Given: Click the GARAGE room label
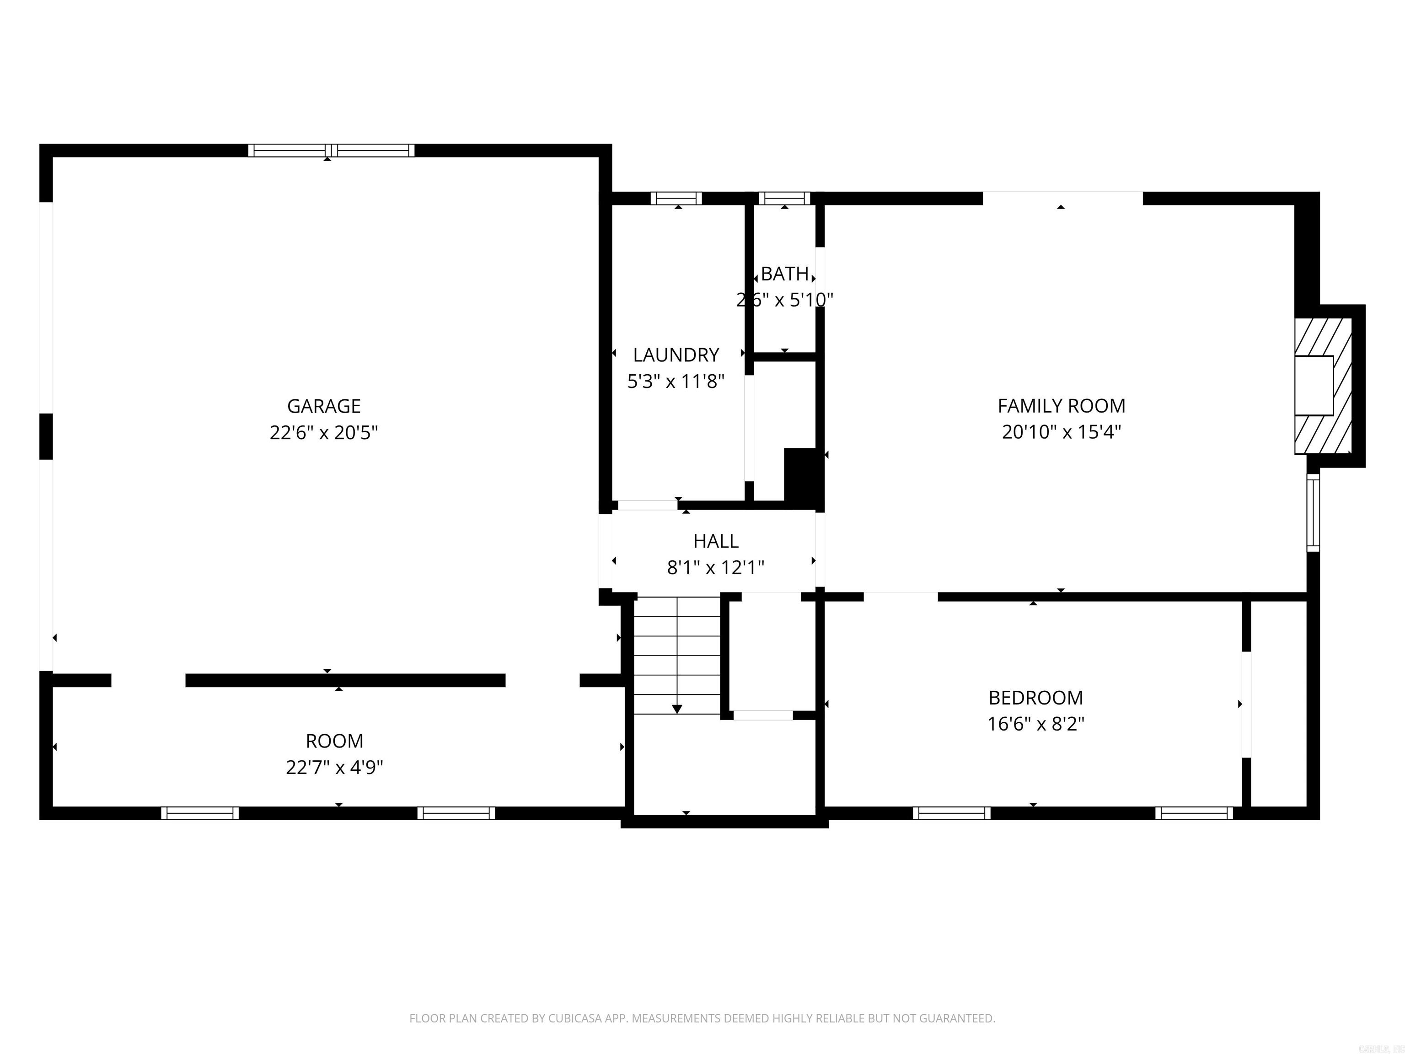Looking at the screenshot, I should [x=323, y=406].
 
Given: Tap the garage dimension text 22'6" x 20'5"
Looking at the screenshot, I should [x=323, y=433].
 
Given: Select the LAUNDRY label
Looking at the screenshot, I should [x=676, y=355].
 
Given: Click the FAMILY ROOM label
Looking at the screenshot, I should [x=1062, y=405].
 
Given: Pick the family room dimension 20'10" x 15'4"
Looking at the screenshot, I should [x=1062, y=432].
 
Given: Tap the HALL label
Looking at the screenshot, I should [x=716, y=541].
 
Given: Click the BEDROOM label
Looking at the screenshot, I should [x=1035, y=698].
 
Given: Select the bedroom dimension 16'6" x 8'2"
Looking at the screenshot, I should [x=1035, y=724].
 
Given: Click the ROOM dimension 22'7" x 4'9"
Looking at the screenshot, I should [x=334, y=768].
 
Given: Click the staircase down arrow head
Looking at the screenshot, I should [x=677, y=709].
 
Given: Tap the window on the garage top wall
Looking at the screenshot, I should [x=331, y=151].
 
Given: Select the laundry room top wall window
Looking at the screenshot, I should [x=676, y=198].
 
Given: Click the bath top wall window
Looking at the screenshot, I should [x=784, y=198].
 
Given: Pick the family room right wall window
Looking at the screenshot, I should [x=1313, y=512].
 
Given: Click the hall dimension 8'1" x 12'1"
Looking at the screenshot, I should [x=716, y=567].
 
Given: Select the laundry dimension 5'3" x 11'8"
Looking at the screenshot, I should [x=676, y=381].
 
